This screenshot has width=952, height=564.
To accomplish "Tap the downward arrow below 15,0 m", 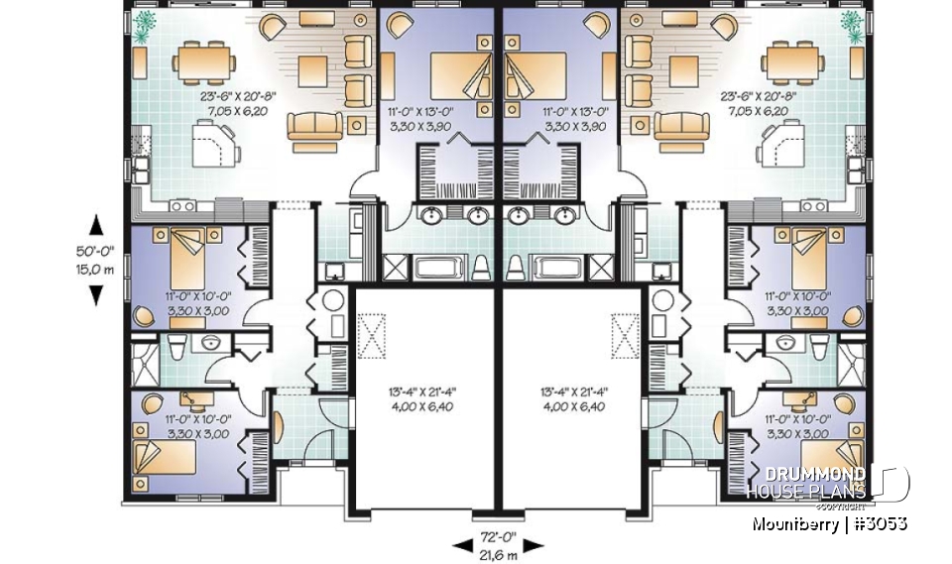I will click(96, 294).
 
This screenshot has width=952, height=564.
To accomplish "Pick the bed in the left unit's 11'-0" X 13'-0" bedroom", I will click(455, 75).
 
